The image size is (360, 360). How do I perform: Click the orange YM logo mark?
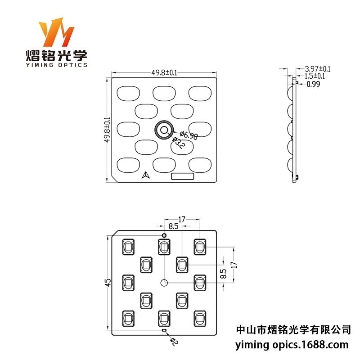(56, 33)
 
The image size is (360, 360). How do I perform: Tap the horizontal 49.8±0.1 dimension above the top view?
(164, 72)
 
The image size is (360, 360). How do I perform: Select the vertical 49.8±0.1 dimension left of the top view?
(107, 130)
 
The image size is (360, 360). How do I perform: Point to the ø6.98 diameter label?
(189, 135)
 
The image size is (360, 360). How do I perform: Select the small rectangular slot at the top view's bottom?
(183, 176)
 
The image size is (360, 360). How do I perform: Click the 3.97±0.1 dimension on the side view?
(318, 69)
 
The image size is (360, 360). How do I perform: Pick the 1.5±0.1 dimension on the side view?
(315, 76)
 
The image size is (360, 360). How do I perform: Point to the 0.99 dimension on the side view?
(313, 84)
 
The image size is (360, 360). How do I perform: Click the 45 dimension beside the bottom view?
(108, 282)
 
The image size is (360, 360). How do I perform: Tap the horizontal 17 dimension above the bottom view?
(182, 220)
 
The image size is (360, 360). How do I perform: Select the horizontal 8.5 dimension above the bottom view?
(173, 226)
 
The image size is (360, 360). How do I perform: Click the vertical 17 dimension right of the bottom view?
(233, 265)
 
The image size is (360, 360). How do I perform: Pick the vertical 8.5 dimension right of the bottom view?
(224, 274)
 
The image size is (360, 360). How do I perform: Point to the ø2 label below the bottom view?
(174, 342)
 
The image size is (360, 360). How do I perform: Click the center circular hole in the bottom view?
(164, 283)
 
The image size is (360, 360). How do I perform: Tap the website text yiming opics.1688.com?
(292, 345)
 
